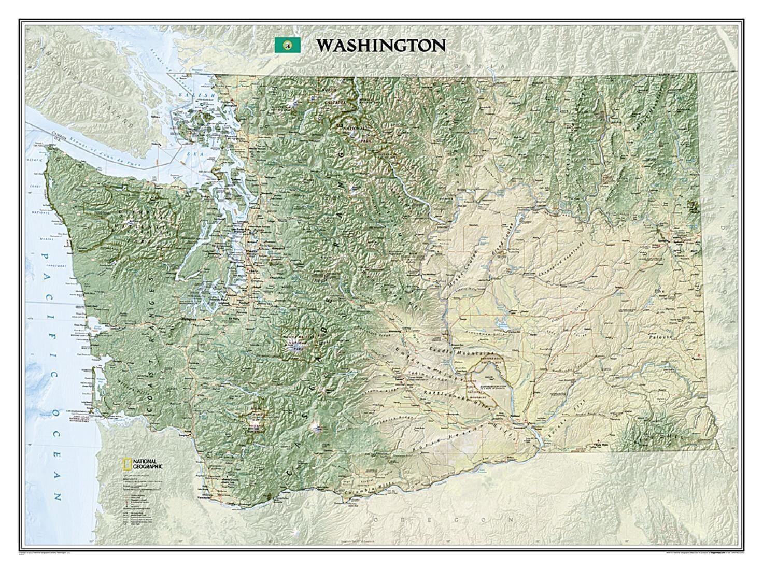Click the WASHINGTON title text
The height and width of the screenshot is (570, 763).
click(381, 45)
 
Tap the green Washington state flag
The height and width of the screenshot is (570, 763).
click(287, 45)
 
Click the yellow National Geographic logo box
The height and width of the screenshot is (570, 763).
click(126, 463)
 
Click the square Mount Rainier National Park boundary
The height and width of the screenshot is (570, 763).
click(298, 343)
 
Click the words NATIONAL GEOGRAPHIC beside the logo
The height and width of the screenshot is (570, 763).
click(148, 463)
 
